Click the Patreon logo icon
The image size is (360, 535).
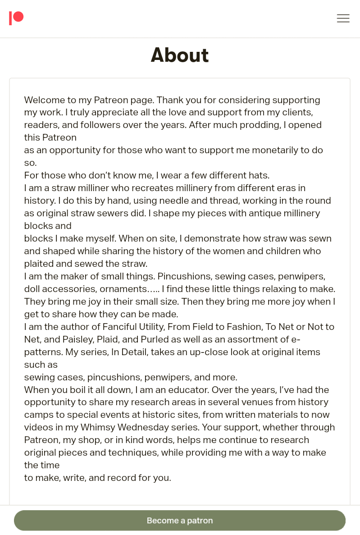pos(16,18)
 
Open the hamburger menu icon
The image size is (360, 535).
pos(343,18)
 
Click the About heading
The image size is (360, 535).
pos(180,55)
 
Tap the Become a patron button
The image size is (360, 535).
pos(180,521)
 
